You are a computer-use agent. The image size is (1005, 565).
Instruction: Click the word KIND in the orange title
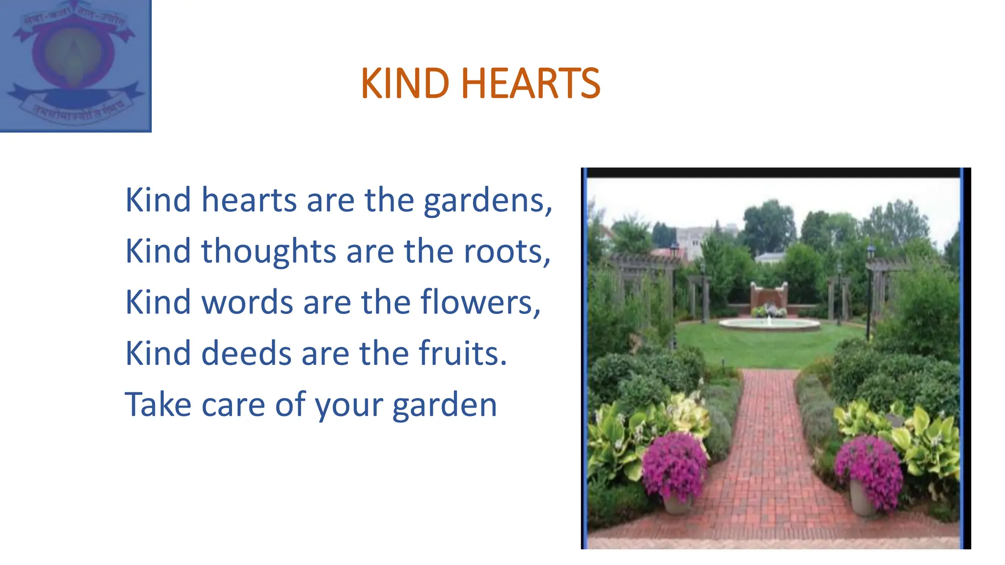point(405,83)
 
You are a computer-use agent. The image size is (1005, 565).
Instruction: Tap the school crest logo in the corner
point(75,65)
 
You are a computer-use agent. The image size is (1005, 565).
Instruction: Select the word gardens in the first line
point(487,201)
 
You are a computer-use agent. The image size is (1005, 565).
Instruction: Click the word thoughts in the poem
point(268,251)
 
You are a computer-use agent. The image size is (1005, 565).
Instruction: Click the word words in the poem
point(247,303)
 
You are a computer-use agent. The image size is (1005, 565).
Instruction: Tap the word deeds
point(246,354)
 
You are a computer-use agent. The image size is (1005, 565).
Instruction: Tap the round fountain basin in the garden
point(769,323)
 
